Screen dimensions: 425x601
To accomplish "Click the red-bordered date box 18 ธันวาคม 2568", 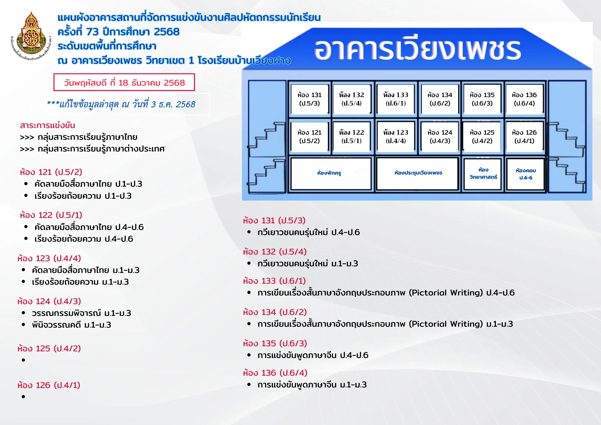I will click(x=124, y=82).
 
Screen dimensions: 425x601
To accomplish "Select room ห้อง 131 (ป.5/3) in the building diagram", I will click(x=310, y=99).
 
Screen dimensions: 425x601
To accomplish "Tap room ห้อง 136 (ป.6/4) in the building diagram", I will click(x=524, y=99).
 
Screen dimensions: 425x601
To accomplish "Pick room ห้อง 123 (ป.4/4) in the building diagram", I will click(x=395, y=136).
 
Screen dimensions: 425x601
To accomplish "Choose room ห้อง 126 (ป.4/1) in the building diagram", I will click(x=524, y=136).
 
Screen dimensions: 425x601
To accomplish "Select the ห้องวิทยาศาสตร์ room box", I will click(x=483, y=174).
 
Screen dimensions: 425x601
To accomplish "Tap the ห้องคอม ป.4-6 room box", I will click(x=526, y=174).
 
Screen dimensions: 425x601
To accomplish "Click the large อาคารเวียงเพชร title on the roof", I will click(x=418, y=50).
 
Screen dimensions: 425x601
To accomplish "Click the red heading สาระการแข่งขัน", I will click(x=47, y=125).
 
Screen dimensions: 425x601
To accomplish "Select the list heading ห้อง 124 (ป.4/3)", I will click(x=49, y=301).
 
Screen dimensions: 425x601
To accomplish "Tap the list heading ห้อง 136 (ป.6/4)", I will click(x=275, y=373).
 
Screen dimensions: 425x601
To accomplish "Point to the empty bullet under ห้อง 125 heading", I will click(x=23, y=360).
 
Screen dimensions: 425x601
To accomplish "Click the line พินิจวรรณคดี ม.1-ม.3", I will click(x=72, y=325).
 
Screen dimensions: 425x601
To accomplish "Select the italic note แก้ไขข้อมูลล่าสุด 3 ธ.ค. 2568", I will click(x=121, y=104).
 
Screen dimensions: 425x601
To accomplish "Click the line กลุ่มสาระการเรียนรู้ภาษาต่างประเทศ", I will click(x=92, y=149).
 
